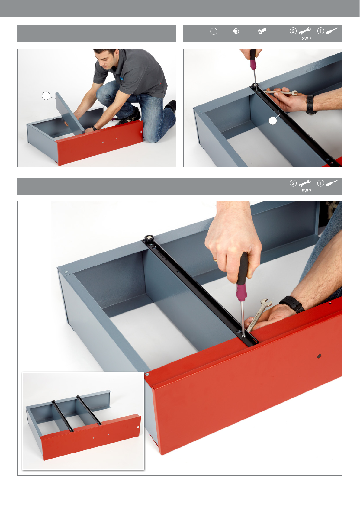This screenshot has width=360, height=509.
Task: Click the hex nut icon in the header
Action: coord(236,31)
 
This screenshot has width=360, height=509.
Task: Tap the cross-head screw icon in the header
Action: coord(262,31)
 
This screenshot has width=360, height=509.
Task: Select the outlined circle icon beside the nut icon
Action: coord(214,31)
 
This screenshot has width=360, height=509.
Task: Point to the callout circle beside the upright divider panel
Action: coord(46,96)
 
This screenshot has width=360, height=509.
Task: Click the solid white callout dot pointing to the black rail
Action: coord(272,121)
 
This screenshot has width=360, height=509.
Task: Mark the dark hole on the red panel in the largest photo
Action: coord(319,356)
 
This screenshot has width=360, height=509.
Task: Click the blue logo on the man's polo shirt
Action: coord(122,79)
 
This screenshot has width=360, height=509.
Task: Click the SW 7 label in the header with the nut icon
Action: coord(307,39)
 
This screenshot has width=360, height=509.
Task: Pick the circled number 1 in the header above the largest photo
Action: coord(320,183)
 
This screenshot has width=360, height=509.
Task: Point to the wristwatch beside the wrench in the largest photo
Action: coord(292,304)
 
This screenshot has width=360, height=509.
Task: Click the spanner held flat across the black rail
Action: coord(281,92)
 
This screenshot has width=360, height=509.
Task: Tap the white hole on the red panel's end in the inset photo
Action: coord(138,427)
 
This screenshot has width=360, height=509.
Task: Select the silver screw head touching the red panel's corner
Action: coord(147,374)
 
